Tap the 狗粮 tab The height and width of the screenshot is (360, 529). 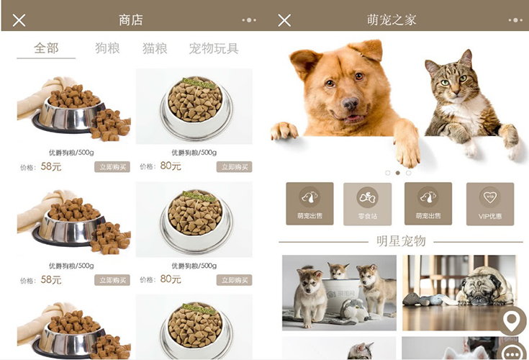(x=107, y=48)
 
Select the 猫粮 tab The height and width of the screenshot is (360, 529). (x=155, y=48)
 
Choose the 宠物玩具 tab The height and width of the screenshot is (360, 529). (x=214, y=48)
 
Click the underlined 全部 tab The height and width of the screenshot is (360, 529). (x=46, y=48)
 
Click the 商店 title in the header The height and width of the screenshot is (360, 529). (x=131, y=20)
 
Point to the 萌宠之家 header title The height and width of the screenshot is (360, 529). (x=392, y=20)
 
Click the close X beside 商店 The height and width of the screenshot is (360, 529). (x=19, y=20)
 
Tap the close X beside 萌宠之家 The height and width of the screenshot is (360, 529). (x=284, y=20)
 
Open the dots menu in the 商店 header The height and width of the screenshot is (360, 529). (x=249, y=20)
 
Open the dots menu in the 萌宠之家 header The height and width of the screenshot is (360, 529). (x=512, y=20)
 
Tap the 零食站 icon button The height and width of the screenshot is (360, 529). (x=367, y=204)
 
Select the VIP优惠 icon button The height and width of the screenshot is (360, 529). (x=490, y=204)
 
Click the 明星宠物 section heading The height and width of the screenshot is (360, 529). (x=401, y=241)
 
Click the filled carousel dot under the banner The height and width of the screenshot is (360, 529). (x=398, y=173)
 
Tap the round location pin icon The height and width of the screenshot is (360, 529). (x=512, y=320)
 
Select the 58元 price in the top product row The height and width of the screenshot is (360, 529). (x=51, y=166)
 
